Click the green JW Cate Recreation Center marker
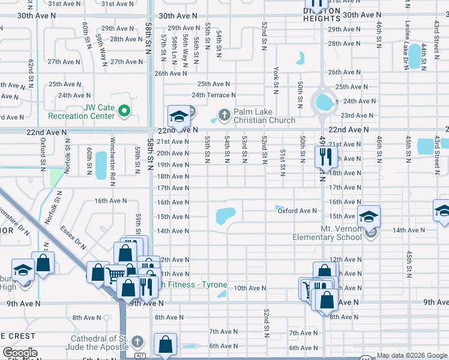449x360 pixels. [124, 110]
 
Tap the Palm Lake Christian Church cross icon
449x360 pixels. [224, 114]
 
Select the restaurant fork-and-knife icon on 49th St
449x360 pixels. [324, 157]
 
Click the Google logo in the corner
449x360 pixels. [20, 353]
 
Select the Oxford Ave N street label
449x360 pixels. [297, 211]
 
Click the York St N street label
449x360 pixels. [277, 80]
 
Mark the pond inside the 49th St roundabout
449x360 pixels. [325, 103]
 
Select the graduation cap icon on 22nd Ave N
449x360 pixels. [178, 117]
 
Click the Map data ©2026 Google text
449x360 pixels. [412, 355]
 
